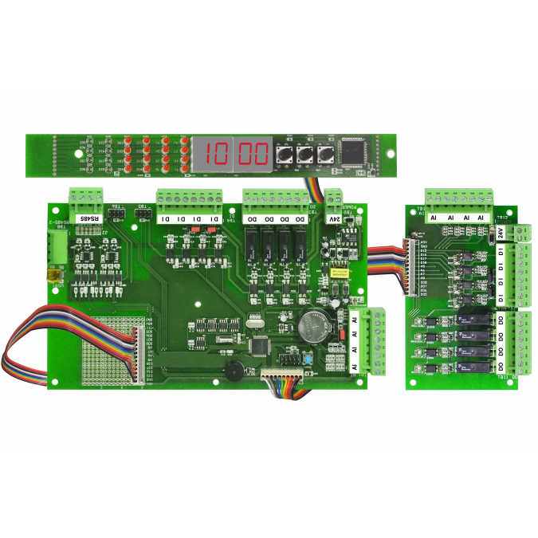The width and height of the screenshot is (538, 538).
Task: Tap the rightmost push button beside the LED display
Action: click(325, 154)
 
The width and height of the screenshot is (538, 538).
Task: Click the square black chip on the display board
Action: click(352, 151)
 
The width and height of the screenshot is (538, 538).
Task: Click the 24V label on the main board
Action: click(335, 218)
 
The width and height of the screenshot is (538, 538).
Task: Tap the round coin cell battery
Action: click(313, 324)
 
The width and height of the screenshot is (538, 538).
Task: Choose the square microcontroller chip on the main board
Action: click(260, 347)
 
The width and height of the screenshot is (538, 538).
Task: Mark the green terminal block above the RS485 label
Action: click(87, 197)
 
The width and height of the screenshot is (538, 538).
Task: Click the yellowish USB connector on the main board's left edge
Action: click(53, 275)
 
